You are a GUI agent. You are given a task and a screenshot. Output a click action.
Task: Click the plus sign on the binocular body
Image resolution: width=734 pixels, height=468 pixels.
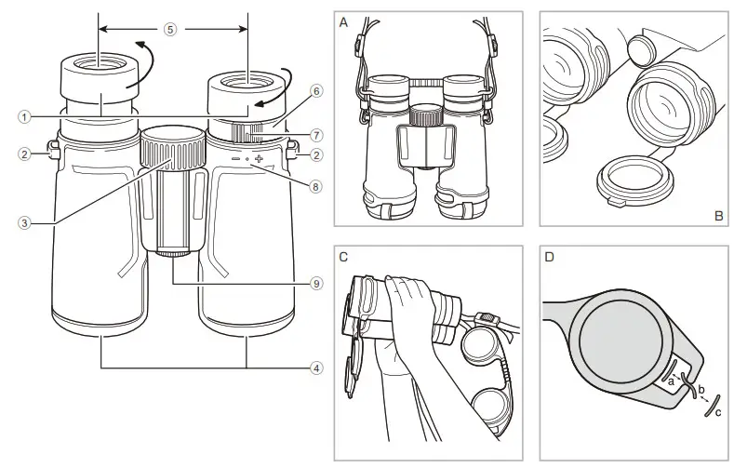click(259, 160)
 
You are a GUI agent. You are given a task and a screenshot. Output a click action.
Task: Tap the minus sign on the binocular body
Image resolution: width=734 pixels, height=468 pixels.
click(235, 160)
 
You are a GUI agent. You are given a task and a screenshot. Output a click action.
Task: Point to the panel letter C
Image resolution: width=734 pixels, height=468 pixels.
click(345, 256)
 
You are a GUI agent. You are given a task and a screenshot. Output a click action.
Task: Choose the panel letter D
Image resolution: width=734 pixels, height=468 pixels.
click(549, 256)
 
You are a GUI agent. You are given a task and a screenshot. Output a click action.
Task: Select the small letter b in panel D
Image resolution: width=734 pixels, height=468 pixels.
click(701, 387)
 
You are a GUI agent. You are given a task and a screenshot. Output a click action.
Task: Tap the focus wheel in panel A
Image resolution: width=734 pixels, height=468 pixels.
click(427, 116)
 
